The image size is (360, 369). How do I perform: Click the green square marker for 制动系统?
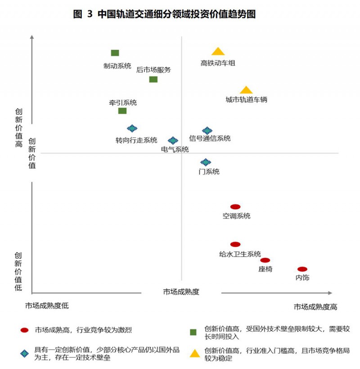115,53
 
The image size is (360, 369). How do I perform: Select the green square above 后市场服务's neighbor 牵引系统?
122,111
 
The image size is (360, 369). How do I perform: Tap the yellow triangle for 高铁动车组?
218,52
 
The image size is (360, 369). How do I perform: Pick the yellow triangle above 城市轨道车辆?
246,90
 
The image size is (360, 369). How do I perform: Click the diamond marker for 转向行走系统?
132,129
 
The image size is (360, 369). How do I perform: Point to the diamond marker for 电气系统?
173,141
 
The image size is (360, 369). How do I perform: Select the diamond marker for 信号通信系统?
207,131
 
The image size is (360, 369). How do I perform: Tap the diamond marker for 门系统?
206,162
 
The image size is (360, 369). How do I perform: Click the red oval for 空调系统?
235,207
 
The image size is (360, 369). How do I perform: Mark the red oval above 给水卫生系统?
235,244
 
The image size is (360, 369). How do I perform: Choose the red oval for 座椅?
265,260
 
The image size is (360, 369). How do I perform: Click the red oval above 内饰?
302,269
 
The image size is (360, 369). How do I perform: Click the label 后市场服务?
153,70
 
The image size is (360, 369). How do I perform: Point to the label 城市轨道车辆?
246,100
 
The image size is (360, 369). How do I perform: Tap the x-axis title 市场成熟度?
181,292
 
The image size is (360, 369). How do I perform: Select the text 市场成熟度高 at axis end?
315,307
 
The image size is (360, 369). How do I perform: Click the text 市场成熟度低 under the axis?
47,306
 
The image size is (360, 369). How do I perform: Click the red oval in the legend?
25,330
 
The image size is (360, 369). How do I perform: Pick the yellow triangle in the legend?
194,353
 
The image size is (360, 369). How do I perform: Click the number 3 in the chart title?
89,14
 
